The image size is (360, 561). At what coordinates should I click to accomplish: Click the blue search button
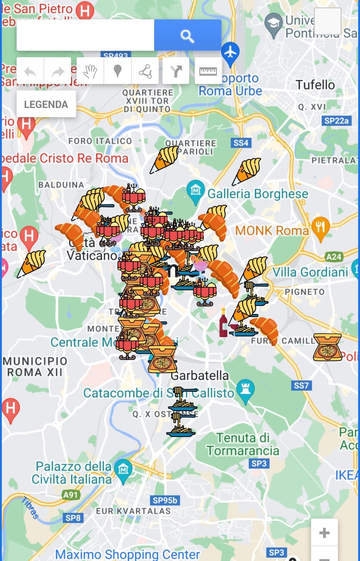187,35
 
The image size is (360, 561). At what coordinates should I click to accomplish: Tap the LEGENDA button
46,104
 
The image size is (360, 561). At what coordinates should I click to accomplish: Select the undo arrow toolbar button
30,71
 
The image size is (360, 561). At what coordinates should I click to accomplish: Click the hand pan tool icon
90,71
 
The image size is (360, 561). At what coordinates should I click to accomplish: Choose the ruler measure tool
208,71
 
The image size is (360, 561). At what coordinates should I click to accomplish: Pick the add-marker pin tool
118,71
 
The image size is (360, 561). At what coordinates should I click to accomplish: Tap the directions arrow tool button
176,71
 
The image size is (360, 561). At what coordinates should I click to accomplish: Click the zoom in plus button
324,532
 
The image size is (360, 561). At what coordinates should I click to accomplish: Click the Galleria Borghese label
258,194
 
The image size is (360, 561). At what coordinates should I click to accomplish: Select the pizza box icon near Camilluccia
327,347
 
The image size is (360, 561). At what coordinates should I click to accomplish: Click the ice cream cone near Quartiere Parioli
165,159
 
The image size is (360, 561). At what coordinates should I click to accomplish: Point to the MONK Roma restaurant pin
320,228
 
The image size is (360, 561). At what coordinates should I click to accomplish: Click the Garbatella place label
200,376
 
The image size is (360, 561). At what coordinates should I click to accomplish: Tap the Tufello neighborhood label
315,85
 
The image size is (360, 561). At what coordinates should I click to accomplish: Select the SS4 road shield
241,143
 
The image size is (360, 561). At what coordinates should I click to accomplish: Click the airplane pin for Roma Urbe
230,53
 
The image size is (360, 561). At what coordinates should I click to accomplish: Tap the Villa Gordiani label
310,272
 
